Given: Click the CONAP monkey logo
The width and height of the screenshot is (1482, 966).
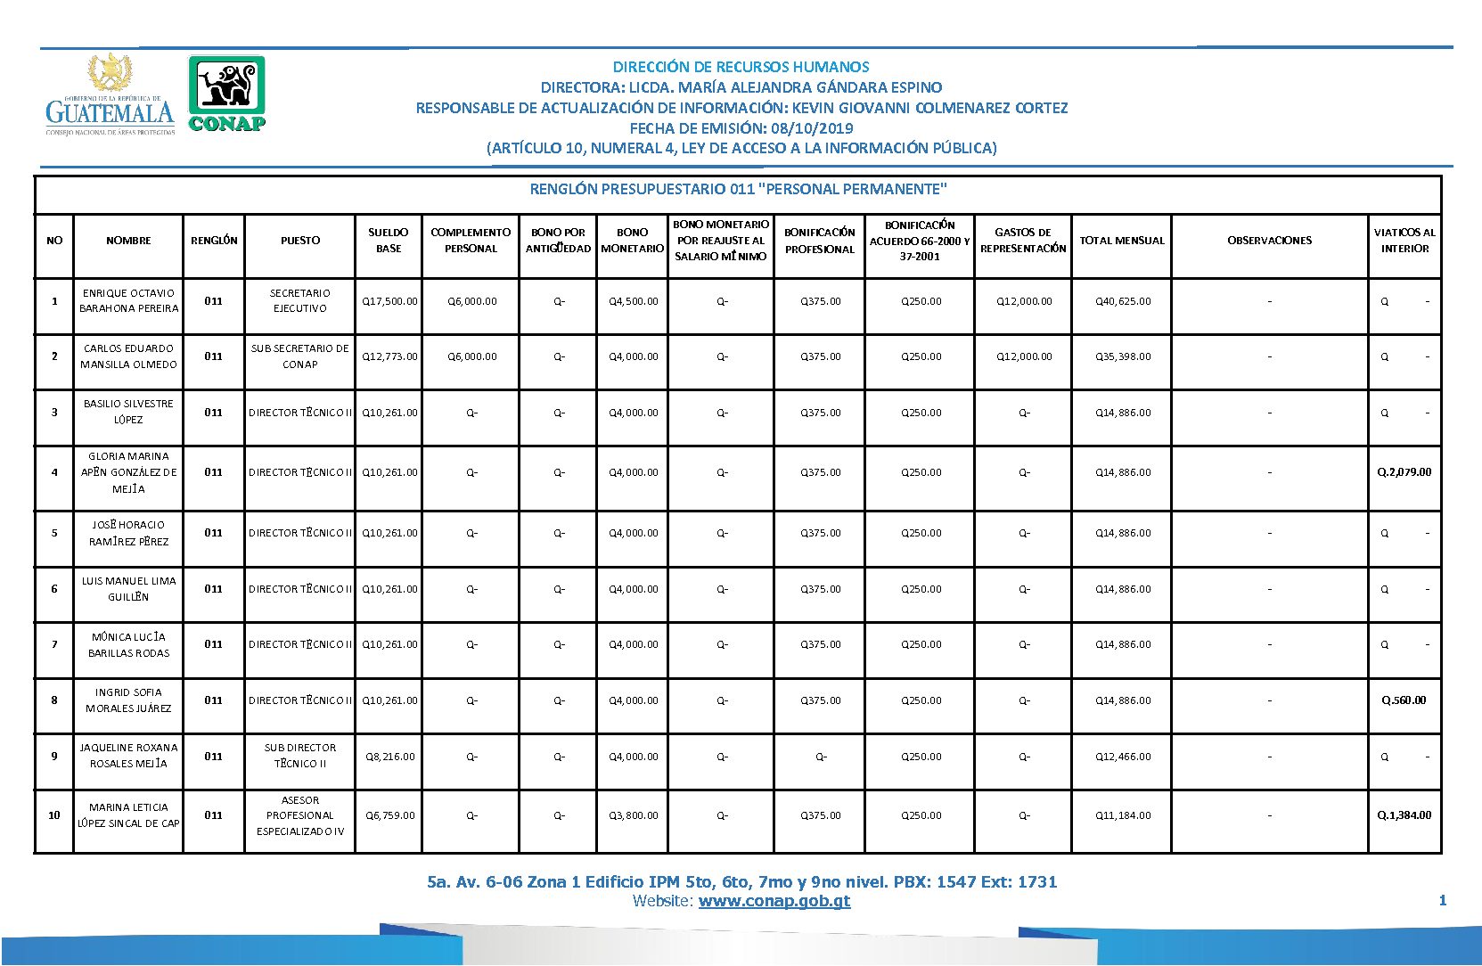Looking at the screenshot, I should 226,94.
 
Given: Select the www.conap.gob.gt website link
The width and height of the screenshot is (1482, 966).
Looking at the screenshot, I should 774,901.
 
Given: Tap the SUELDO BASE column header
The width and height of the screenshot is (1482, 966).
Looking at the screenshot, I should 389,241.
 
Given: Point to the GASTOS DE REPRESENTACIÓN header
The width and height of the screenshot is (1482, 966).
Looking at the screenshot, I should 1023,241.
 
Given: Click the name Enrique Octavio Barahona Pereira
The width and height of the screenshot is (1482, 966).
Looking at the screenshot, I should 128,301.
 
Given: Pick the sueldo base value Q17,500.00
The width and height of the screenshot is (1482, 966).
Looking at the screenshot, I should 389,301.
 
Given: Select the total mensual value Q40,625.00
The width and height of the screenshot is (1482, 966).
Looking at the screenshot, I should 1123,301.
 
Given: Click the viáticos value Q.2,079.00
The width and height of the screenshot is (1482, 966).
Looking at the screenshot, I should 1404,472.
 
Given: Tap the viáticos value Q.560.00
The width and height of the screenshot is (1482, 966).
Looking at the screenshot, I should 1404,700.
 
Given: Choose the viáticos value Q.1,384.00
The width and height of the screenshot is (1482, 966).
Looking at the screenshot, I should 1404,815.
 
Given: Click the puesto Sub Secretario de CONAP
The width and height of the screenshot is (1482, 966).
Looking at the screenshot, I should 300,356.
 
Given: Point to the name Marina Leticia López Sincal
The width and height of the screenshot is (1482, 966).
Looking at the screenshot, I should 128,815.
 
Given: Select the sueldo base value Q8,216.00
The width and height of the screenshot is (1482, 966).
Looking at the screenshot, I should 389,757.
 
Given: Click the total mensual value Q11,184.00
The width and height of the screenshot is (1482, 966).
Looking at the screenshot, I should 1123,815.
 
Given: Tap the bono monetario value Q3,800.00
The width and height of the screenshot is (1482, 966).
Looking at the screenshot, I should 634,815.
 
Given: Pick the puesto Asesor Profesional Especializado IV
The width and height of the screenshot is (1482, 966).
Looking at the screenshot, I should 300,815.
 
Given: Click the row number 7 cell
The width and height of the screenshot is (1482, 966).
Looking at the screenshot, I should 54,644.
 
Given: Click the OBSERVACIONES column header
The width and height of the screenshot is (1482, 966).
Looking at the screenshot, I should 1269,241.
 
